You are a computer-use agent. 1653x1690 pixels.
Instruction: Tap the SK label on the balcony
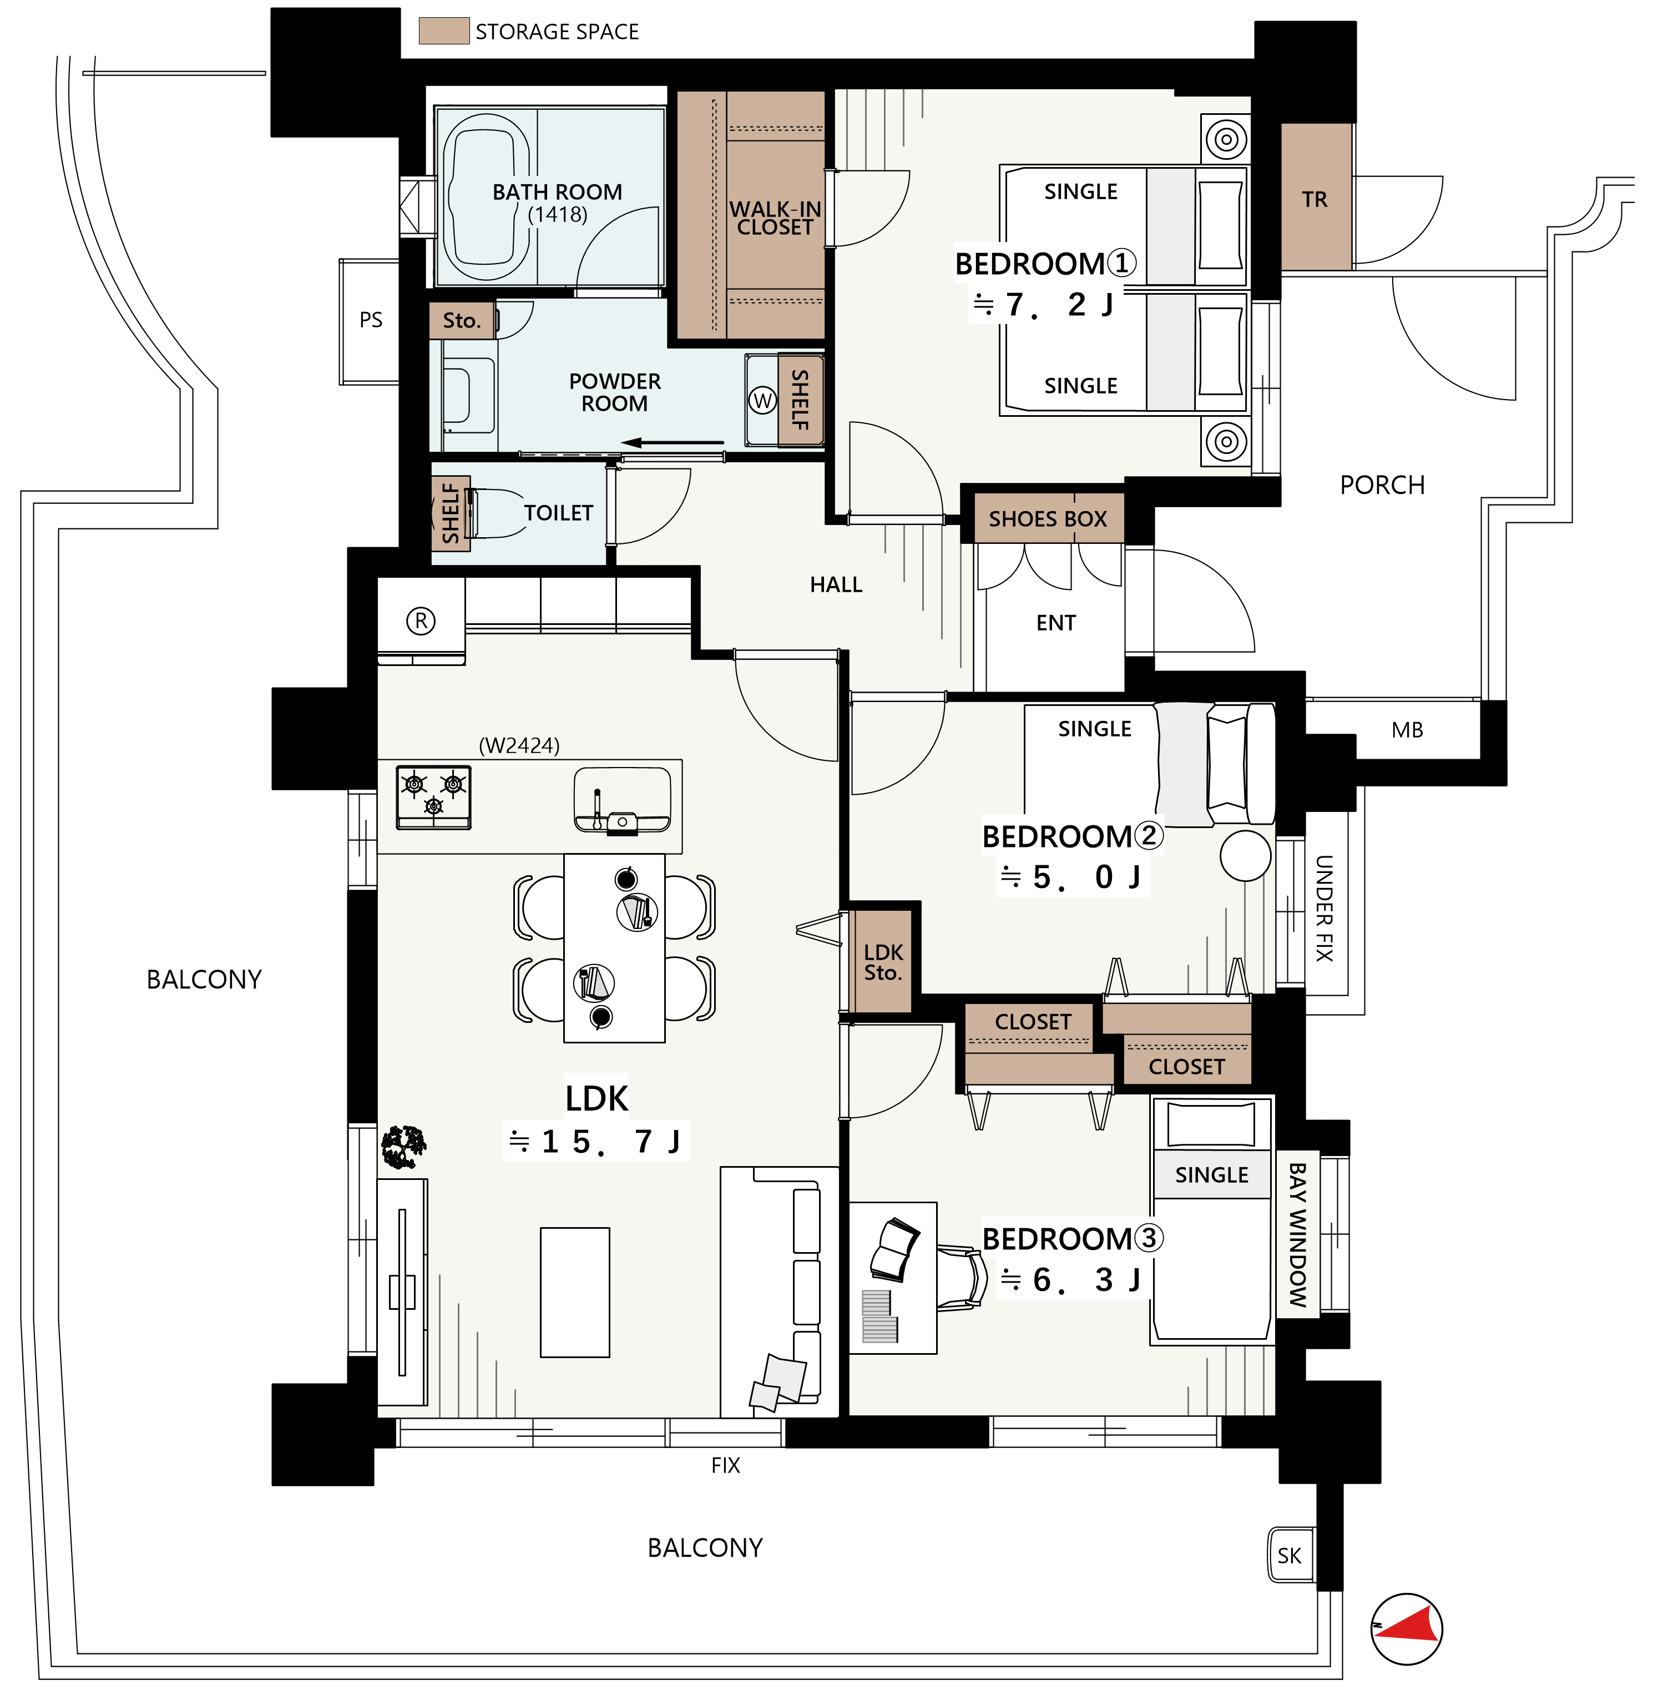pyautogui.click(x=1289, y=1555)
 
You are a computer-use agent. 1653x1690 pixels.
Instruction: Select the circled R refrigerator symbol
pyautogui.click(x=421, y=621)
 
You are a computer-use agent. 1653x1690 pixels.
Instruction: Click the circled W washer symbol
pyautogui.click(x=762, y=400)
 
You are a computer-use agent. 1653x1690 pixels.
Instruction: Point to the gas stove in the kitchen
pyautogui.click(x=433, y=797)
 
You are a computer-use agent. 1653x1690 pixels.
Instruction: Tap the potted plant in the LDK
pyautogui.click(x=404, y=1146)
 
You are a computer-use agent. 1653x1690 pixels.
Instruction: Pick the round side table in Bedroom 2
pyautogui.click(x=1246, y=855)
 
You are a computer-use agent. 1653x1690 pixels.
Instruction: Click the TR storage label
pyautogui.click(x=1315, y=200)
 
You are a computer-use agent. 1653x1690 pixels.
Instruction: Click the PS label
pyautogui.click(x=371, y=320)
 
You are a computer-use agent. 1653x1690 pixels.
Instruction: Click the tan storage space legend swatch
pyautogui.click(x=444, y=31)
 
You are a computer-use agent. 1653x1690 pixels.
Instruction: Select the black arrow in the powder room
pyautogui.click(x=673, y=443)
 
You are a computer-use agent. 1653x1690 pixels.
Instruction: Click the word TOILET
pyautogui.click(x=558, y=513)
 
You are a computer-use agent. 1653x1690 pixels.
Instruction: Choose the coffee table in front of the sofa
pyautogui.click(x=575, y=1292)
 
